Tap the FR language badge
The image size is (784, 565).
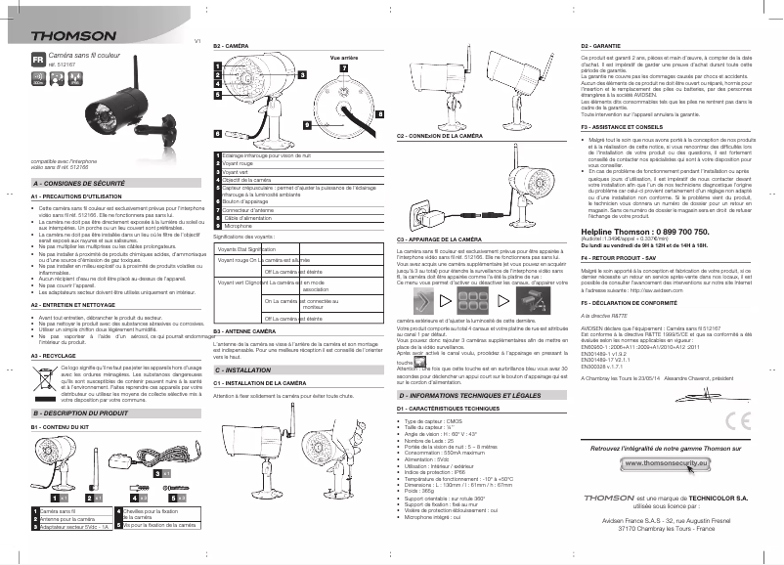pos(38,60)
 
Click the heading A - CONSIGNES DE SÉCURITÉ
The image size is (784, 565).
pos(78,182)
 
